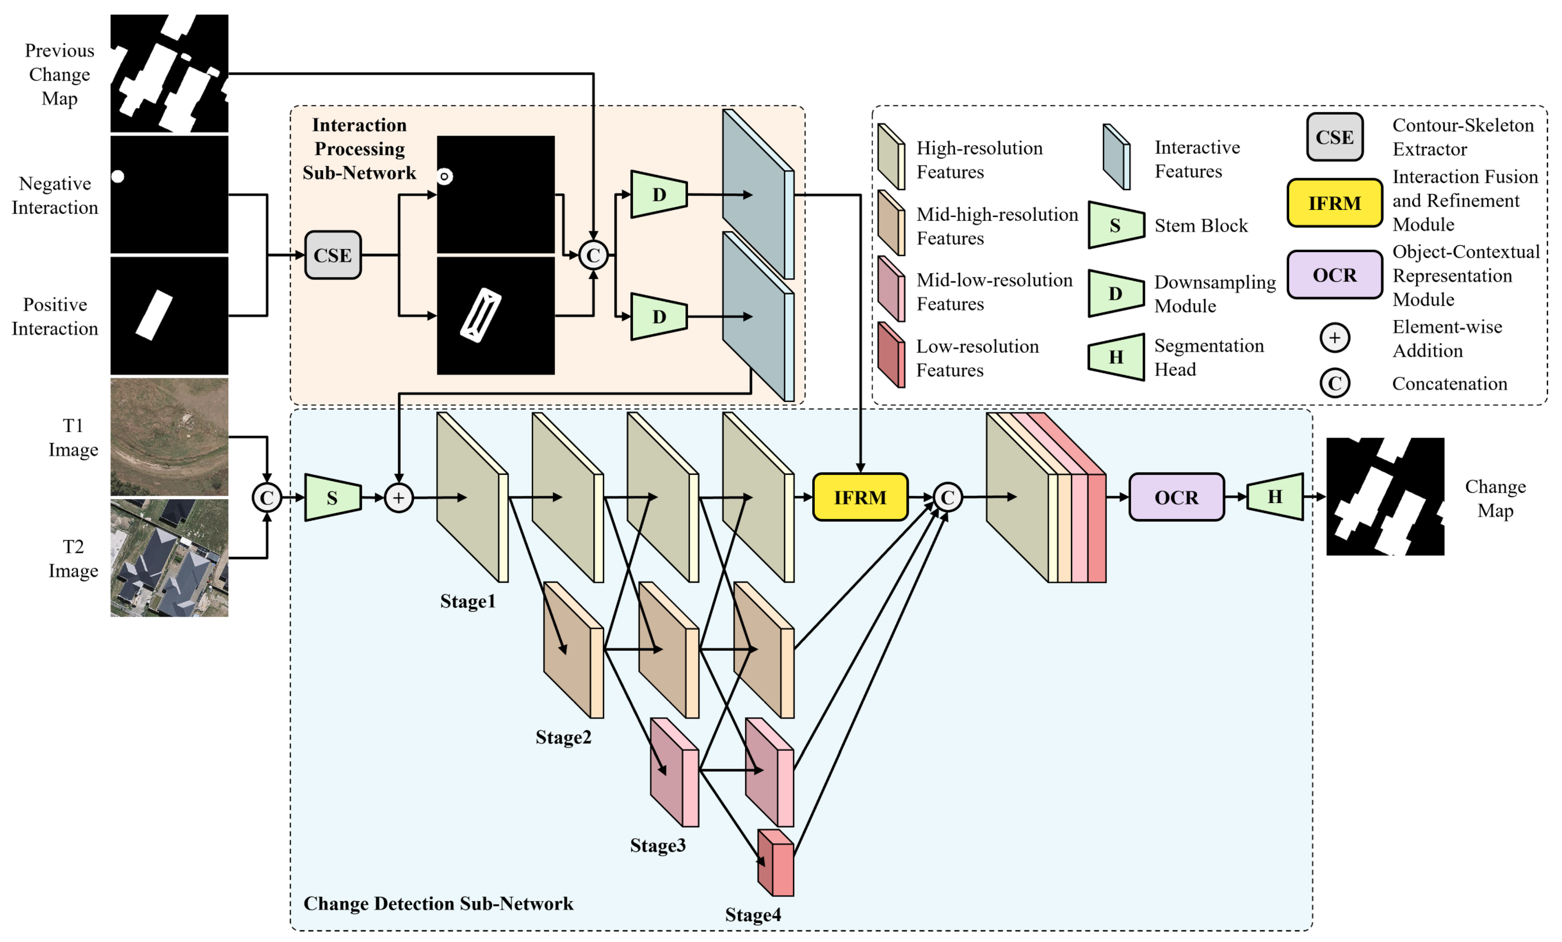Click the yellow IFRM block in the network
[860, 497]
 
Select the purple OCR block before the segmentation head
[1176, 497]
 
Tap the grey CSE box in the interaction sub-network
[333, 255]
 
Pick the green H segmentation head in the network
[1275, 497]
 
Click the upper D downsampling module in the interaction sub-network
[659, 194]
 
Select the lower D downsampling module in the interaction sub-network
[659, 316]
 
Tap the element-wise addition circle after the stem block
[399, 498]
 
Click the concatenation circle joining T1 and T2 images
[267, 498]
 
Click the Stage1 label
[468, 601]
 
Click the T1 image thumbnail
[169, 437]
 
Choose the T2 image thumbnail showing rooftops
[169, 558]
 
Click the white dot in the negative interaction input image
[118, 176]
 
